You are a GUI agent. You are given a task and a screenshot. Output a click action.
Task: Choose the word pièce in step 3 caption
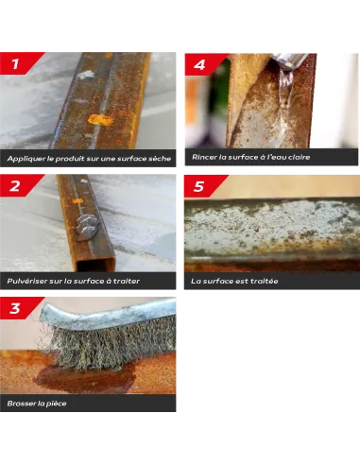coord(57,404)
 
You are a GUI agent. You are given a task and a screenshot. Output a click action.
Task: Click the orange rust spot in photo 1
coord(100,119)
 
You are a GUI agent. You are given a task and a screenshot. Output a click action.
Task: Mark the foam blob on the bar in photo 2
coord(86,227)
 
